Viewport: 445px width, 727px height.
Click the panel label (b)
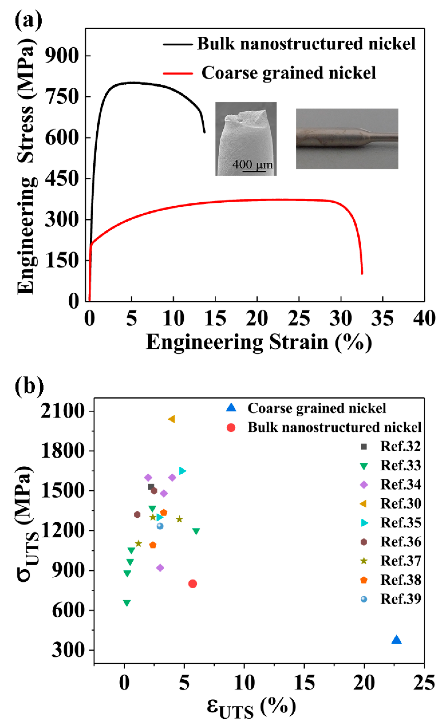coord(29,386)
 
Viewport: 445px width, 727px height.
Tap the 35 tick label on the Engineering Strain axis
coord(382,319)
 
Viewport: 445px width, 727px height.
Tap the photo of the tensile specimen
coord(347,139)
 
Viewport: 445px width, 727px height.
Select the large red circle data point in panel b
coord(192,584)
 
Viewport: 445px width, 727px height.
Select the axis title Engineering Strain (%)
coord(259,342)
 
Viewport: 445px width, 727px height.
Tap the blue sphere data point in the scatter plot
coord(160,526)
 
